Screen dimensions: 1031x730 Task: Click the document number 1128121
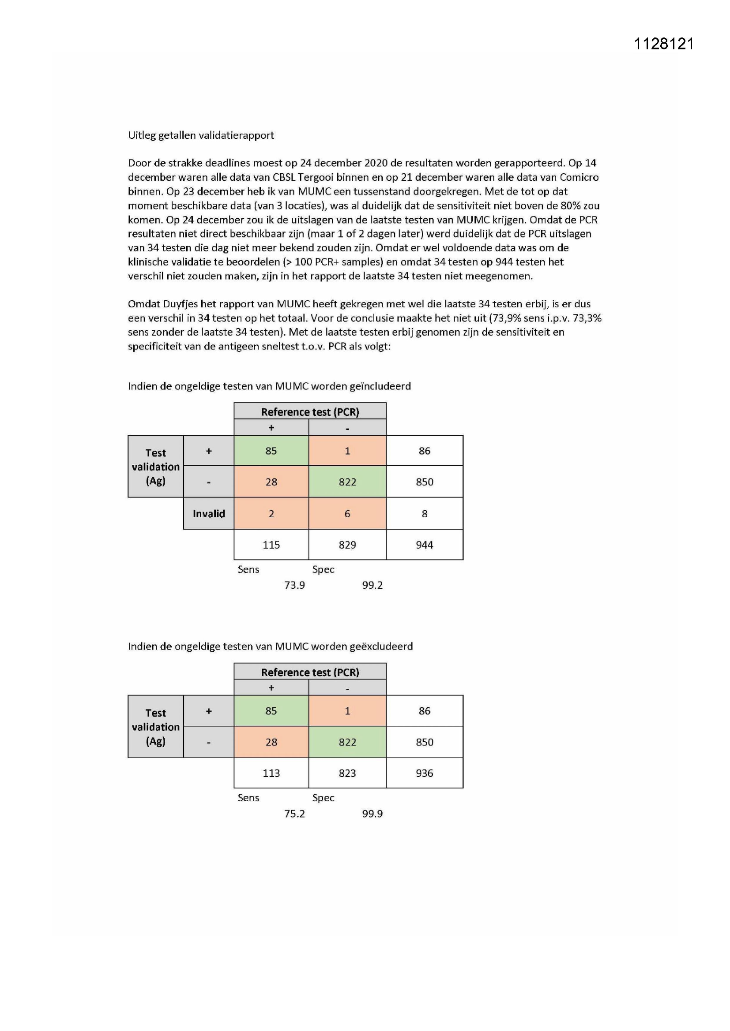coord(663,44)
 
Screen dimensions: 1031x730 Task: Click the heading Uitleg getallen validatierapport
coord(201,135)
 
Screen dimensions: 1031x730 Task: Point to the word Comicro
coord(579,177)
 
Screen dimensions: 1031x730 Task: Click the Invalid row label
coord(209,514)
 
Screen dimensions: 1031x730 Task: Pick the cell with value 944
coord(424,545)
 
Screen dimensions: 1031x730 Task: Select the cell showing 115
coord(271,545)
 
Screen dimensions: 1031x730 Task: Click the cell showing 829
coord(347,545)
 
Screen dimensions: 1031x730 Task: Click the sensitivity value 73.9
coord(294,585)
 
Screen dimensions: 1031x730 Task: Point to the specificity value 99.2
coord(372,585)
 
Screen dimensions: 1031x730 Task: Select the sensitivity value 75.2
coord(294,814)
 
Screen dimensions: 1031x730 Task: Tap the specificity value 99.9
coord(372,814)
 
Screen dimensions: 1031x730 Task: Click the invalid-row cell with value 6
coord(347,514)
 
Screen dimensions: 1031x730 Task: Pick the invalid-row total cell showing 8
coord(424,514)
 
